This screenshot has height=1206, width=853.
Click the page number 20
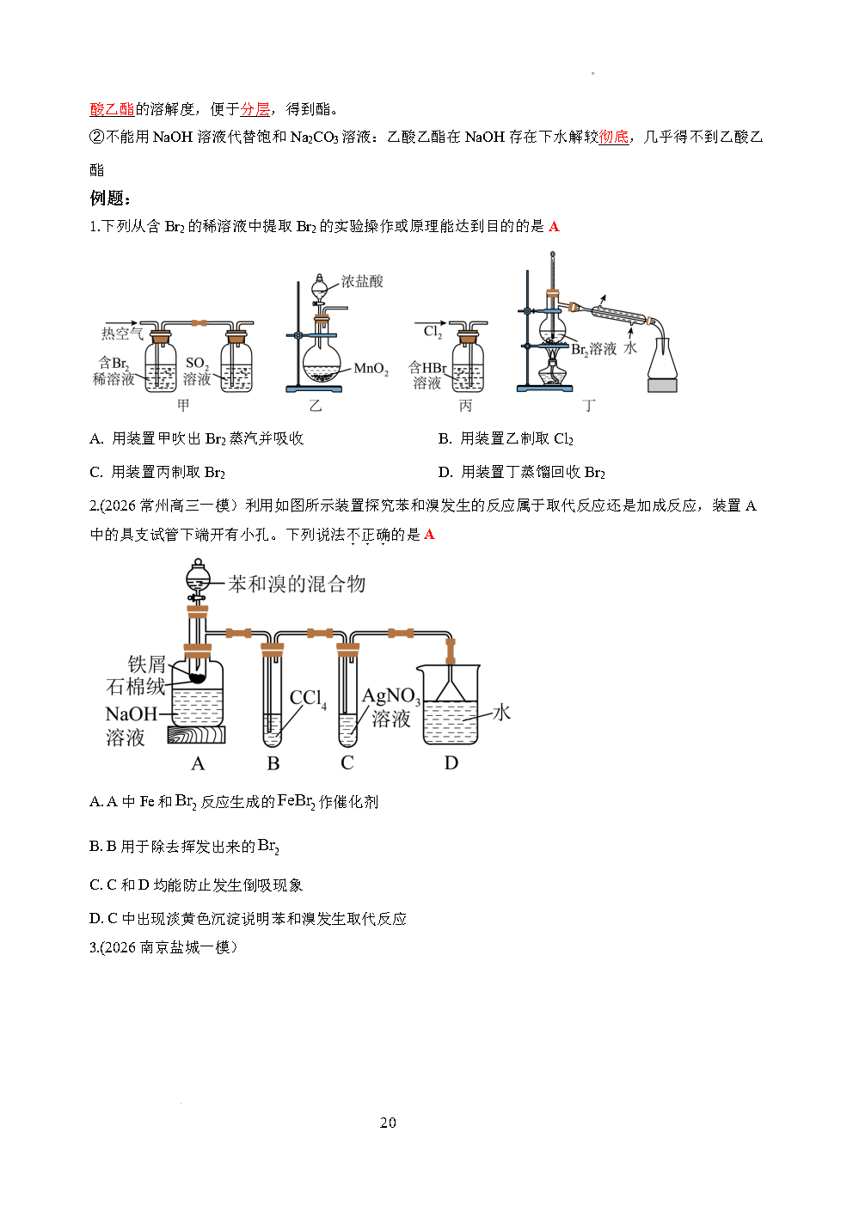pos(388,1123)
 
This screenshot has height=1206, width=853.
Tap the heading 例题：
pos(110,198)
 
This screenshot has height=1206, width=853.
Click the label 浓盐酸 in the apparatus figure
pos(362,281)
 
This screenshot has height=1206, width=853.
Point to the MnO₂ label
pos(371,369)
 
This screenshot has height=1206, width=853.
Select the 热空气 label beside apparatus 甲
pos(122,334)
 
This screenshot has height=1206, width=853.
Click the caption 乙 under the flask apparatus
pos(316,405)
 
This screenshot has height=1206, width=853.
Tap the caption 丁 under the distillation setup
pos(589,405)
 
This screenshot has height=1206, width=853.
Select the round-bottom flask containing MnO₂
pos(322,363)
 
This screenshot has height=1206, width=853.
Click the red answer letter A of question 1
pos(554,227)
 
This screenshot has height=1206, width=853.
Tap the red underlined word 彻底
pos(613,138)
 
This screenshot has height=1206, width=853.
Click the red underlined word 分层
pos(255,109)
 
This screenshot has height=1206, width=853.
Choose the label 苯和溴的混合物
pos(297,584)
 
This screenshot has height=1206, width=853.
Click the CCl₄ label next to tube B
pos(308,698)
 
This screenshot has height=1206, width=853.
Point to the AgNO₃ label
pos(391,696)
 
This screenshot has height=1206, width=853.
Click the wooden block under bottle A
pos(196,735)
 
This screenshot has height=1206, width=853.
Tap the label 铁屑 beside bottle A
pos(146,664)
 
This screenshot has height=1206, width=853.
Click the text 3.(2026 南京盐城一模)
pos(163,947)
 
